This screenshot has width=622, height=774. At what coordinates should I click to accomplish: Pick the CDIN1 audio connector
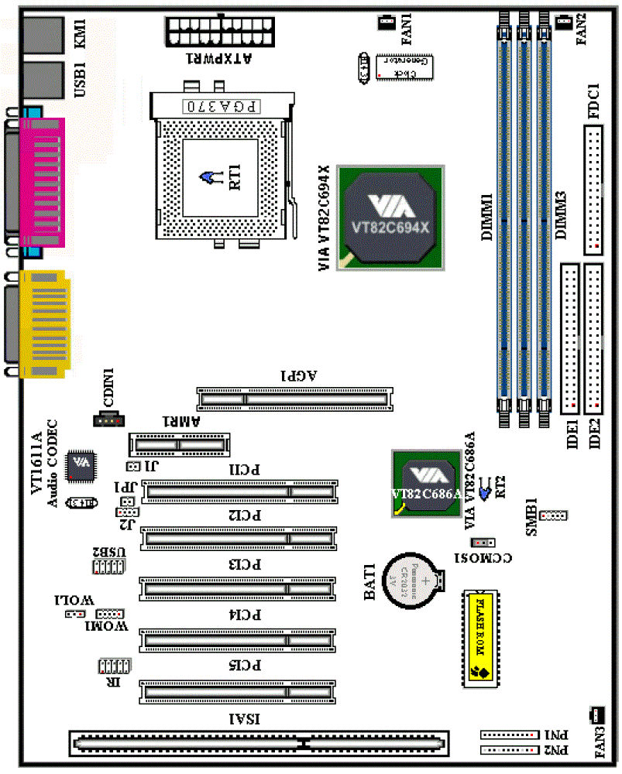108,419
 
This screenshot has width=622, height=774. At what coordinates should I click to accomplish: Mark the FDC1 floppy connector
594,190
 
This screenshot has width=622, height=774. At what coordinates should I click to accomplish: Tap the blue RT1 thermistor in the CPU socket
208,179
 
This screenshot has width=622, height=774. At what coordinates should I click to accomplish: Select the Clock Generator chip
403,67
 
